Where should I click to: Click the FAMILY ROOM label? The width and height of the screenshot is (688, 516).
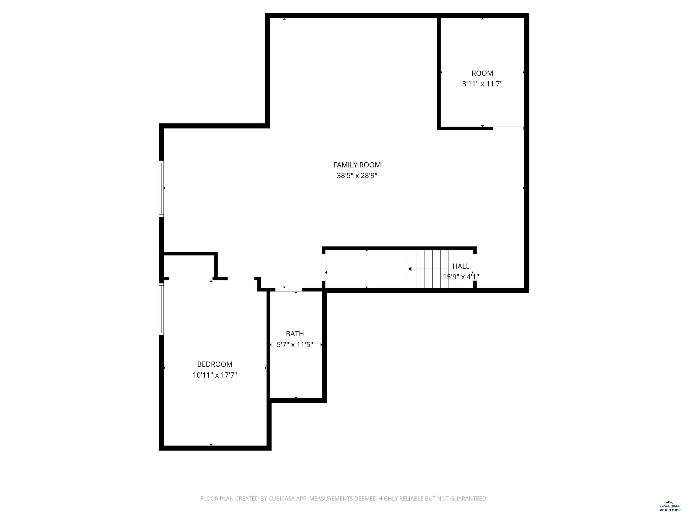(357, 165)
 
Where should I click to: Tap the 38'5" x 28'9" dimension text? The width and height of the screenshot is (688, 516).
(357, 176)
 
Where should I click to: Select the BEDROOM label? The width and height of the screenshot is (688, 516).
(215, 364)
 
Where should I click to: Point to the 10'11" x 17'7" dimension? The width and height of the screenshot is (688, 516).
(215, 375)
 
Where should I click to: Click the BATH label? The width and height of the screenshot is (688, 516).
(295, 334)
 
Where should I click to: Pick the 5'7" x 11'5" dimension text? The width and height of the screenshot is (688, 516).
(295, 345)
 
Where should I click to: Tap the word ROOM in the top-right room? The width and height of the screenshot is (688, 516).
(482, 73)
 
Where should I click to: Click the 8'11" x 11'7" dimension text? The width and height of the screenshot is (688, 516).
(482, 84)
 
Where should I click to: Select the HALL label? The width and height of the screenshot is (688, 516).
(461, 266)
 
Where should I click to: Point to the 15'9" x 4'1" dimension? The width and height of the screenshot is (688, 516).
(461, 277)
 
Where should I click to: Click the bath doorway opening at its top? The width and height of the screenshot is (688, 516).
(289, 290)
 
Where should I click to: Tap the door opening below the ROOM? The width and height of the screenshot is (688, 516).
(508, 127)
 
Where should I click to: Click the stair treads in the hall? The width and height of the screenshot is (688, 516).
(428, 269)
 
